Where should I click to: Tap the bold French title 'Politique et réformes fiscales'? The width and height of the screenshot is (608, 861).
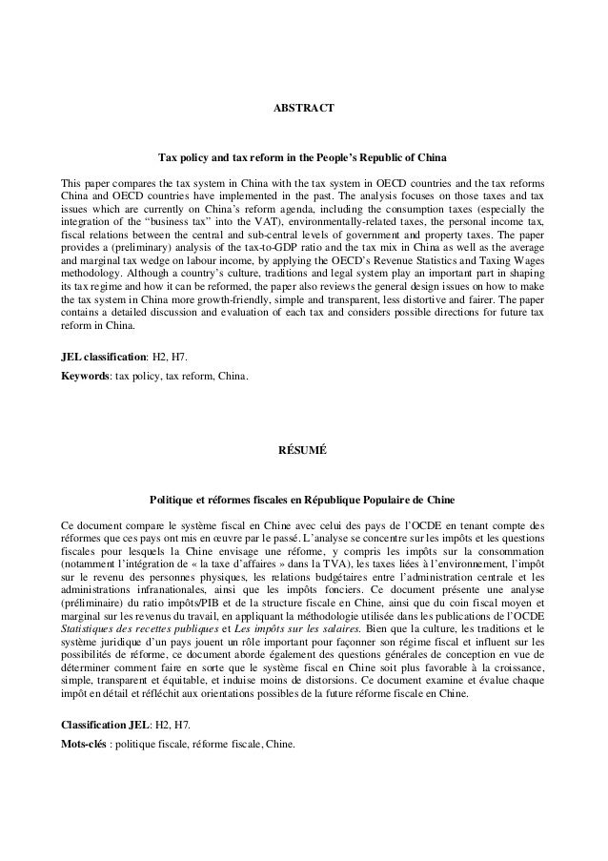tap(302, 499)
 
